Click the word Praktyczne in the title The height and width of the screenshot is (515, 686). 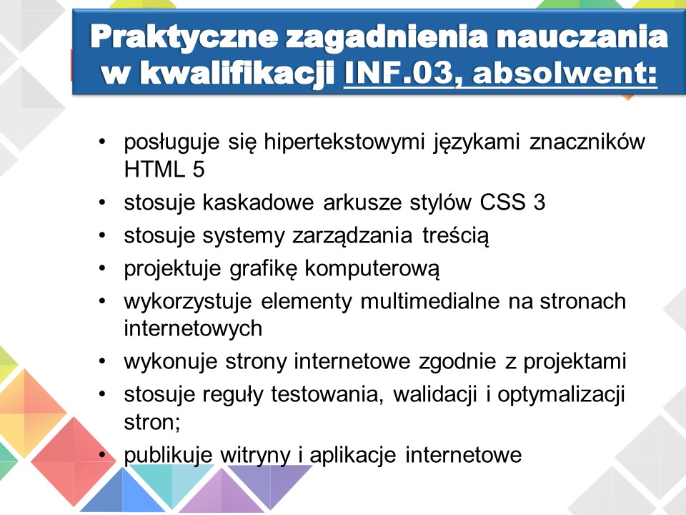pyautogui.click(x=184, y=36)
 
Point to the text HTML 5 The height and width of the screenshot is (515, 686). pyautogui.click(x=164, y=170)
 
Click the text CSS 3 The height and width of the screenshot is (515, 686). pyautogui.click(x=512, y=202)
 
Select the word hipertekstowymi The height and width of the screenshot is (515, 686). pyautogui.click(x=344, y=142)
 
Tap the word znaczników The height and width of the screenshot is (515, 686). pyautogui.click(x=587, y=142)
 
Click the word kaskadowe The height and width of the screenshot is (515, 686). pyautogui.click(x=258, y=202)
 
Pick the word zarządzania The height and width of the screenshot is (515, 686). pyautogui.click(x=352, y=236)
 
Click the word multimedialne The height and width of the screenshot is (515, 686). pyautogui.click(x=429, y=301)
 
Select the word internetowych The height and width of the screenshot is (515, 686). pyautogui.click(x=193, y=328)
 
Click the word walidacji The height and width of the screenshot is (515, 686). pyautogui.click(x=434, y=394)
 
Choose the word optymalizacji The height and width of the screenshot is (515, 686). pyautogui.click(x=561, y=395)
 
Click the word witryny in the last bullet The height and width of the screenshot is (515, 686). pyautogui.click(x=255, y=455)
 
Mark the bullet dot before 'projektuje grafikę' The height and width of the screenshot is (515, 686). pyautogui.click(x=102, y=268)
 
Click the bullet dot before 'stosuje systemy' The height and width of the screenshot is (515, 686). pyautogui.click(x=102, y=235)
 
